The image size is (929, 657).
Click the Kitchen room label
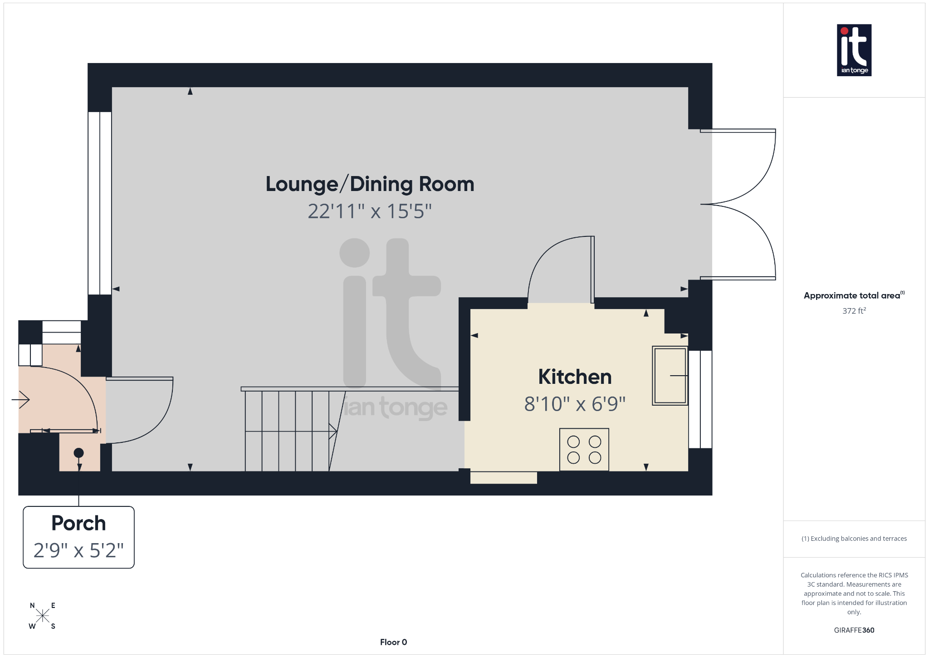575,377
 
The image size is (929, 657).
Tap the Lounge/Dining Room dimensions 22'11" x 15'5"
369,211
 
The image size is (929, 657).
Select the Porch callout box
78,537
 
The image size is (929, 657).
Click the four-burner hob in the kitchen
584,449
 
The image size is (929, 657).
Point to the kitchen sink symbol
670,375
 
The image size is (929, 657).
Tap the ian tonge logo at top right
854,50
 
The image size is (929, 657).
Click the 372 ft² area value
854,311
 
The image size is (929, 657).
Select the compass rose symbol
43,616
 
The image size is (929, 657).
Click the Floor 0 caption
393,642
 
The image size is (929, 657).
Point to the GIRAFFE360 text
854,630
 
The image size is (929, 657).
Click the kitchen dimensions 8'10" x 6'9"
575,404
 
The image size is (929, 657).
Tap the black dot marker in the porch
78,452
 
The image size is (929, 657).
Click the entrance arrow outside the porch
21,399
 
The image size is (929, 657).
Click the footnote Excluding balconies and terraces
854,539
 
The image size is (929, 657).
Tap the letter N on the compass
32,605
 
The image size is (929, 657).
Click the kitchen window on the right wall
700,399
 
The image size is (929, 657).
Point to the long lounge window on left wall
100,203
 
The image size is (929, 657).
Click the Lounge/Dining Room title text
369,184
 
